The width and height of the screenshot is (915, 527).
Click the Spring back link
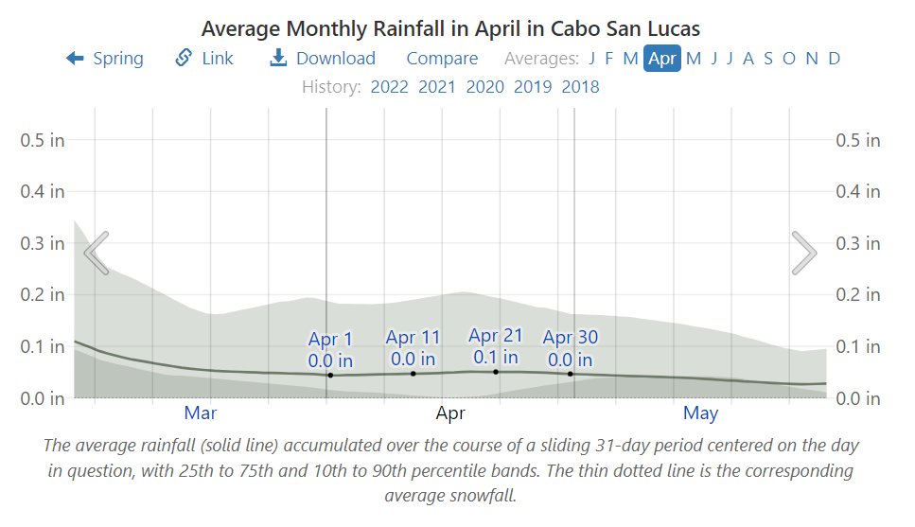pos(105,59)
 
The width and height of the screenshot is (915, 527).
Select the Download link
pos(323,59)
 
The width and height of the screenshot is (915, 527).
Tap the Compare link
pos(442,59)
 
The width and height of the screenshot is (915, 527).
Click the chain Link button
pos(204,59)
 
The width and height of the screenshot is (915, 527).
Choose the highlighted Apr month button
pos(662,59)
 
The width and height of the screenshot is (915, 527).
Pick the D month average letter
pos(834,59)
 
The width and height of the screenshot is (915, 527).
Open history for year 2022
pos(389,87)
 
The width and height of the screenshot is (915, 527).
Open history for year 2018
pos(580,87)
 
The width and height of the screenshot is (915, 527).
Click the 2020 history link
pos(484,87)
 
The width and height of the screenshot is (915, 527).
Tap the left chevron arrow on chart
pos(97,252)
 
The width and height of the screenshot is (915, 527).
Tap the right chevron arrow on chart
pos(803,252)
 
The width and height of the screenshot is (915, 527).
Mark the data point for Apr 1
pos(330,376)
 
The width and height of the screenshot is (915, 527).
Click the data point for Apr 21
pos(496,372)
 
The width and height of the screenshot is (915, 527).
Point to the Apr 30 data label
pos(570,348)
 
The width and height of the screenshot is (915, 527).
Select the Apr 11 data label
pos(413,348)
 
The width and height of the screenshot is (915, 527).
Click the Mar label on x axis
pos(201,413)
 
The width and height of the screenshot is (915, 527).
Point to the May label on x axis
pos(700,413)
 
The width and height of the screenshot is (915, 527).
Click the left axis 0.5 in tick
pos(43,140)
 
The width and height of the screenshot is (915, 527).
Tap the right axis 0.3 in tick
pos(857,243)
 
